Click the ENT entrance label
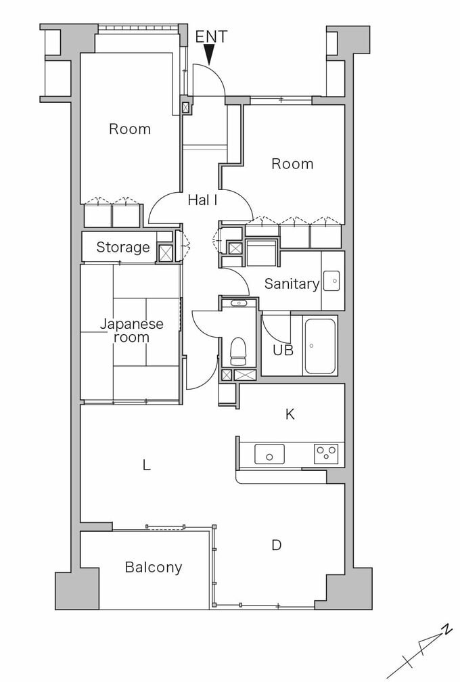click(x=211, y=37)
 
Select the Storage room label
click(x=123, y=248)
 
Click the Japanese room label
click(x=131, y=330)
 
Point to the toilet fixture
click(x=238, y=351)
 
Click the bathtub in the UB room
click(x=320, y=346)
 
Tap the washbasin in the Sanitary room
click(x=331, y=281)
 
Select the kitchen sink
click(x=269, y=454)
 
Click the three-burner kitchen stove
click(x=326, y=453)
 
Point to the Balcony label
click(x=153, y=568)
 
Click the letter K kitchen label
click(x=290, y=415)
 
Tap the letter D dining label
click(x=277, y=545)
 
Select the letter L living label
click(x=147, y=465)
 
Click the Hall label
click(x=203, y=200)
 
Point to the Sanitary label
click(x=292, y=284)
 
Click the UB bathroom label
click(x=283, y=350)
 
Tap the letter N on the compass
click(x=446, y=629)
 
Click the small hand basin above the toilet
click(x=238, y=303)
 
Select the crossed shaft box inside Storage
click(x=165, y=254)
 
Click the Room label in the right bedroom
click(x=292, y=164)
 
